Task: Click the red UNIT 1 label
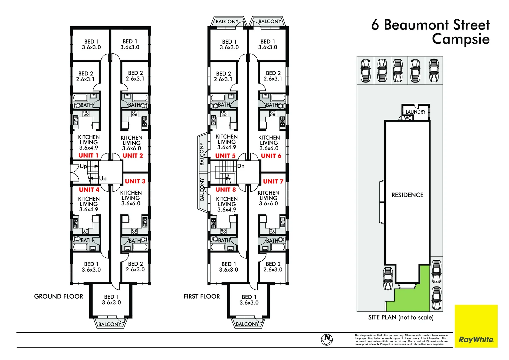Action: coord(88,156)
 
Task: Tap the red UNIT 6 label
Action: coord(271,156)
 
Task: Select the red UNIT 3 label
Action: coord(135,181)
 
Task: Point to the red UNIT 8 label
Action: coord(226,190)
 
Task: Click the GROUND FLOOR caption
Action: coord(59,296)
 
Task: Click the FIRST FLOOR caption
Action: coord(202,296)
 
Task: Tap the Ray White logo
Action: coord(476,340)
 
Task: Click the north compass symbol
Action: coord(327,339)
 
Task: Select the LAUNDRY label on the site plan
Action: coord(415,112)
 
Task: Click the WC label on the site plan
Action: coord(408,118)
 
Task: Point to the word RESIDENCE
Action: coord(407,195)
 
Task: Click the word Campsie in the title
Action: coord(461,39)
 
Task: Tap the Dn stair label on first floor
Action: coord(241,166)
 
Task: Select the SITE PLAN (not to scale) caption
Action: coord(401,317)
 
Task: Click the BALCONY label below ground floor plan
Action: coord(110,324)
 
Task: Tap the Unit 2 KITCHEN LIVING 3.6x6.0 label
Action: coord(131,143)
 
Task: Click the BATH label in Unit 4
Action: coord(87,240)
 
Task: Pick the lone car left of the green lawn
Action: coord(388,279)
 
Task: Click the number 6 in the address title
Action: coord(375,25)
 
